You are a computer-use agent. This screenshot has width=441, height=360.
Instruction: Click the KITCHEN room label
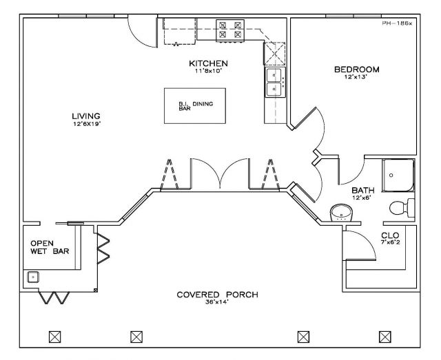coord(208,63)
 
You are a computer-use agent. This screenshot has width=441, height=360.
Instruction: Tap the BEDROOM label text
coord(357,70)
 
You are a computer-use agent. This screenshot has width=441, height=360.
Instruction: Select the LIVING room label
coord(86,116)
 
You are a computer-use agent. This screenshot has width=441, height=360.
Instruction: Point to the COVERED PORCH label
coord(218,295)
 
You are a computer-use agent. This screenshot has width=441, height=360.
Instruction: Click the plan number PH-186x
coord(397,23)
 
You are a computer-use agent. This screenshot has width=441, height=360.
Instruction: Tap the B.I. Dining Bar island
coord(195,106)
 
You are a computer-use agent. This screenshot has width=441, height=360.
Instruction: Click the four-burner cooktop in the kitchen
coord(230,30)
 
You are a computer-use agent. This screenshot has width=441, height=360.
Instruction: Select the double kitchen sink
coord(274,82)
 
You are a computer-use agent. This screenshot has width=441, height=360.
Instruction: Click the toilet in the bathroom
coord(402,208)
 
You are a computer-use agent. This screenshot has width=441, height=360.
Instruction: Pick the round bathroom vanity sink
coord(342,213)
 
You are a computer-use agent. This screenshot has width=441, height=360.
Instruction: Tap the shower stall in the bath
coord(398,176)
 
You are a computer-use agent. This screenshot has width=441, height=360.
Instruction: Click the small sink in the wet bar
coord(33,277)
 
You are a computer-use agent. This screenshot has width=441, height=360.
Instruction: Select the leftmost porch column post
coord(55,337)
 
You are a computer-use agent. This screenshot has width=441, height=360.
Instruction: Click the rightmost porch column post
coord(385,337)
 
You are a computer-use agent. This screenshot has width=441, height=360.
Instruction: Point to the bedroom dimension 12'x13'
coord(356,76)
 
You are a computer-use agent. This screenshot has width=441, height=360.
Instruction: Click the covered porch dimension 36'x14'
coord(217,302)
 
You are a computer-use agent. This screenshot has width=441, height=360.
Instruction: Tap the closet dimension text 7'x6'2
coord(391,242)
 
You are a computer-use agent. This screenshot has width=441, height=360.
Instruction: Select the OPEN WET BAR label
coord(50,247)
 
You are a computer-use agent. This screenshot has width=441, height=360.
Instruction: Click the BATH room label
coord(363,190)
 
